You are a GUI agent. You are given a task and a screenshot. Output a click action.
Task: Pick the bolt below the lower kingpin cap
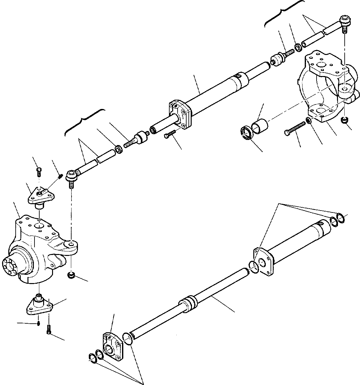click(x=49, y=329)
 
